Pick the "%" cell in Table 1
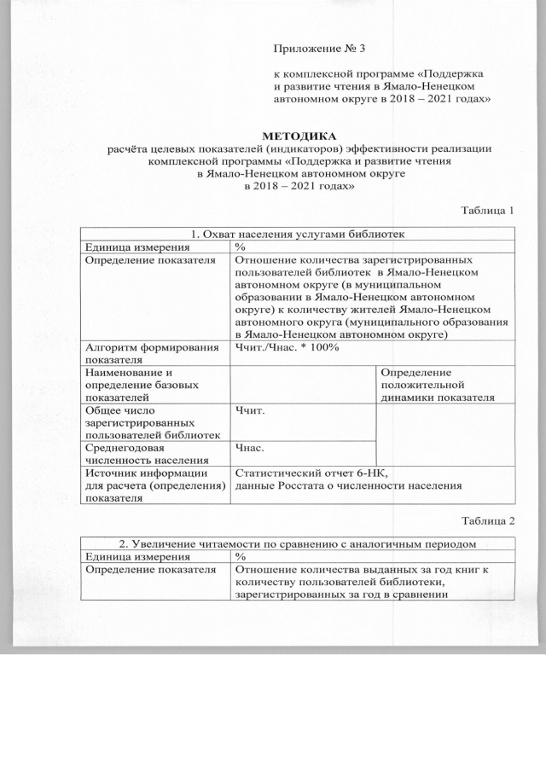[241, 247]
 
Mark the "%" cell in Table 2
[241, 556]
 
